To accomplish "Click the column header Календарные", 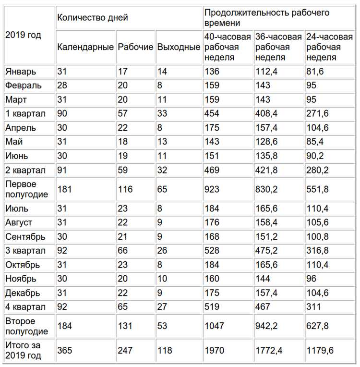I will (x=85, y=47).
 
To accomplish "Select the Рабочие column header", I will (x=135, y=47).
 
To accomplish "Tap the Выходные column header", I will (x=178, y=47).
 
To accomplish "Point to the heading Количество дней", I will (x=93, y=17).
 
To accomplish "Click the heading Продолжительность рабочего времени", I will (x=267, y=17).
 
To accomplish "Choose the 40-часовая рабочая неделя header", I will (x=228, y=47).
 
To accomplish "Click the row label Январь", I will (x=20, y=72).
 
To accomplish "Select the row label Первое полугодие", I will (x=22, y=189).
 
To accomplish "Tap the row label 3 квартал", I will (x=25, y=250).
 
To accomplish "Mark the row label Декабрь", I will (x=23, y=293).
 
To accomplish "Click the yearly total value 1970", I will (x=214, y=350).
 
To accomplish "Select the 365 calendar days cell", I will (x=65, y=350).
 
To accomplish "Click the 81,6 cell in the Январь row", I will (x=314, y=72).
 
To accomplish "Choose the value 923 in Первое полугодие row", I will (x=212, y=189).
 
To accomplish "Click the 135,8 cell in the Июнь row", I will (x=266, y=156).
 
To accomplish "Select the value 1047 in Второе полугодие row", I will (x=214, y=326).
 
